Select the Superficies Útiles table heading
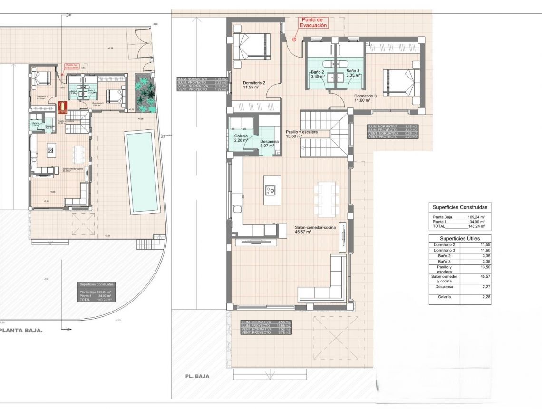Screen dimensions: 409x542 (x=459, y=238)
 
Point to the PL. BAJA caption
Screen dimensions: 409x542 (x=197, y=376)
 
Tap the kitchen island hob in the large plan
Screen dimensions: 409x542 (x=272, y=190)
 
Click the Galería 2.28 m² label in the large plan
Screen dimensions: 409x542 (x=241, y=138)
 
